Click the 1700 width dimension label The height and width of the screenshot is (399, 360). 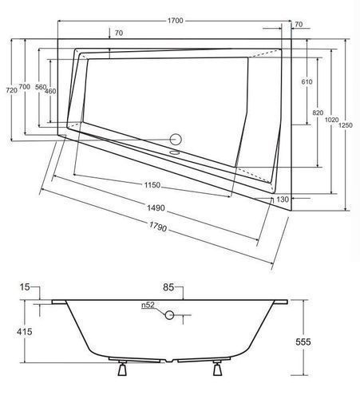tap(176, 21)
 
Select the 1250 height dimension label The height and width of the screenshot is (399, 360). tap(346, 125)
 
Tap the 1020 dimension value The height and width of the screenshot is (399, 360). tap(331, 120)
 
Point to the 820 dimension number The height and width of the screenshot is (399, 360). tap(318, 113)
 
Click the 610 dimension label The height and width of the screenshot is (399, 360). tap(307, 82)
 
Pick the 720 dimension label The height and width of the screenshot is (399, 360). tap(11, 90)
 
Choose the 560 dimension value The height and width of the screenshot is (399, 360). tap(41, 87)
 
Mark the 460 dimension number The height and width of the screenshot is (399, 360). tap(50, 91)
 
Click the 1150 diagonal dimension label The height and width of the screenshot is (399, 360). tap(152, 185)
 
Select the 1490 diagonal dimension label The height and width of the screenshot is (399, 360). tap(156, 208)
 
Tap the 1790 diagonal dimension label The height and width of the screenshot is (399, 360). tap(158, 227)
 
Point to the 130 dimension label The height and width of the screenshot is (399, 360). tap(283, 199)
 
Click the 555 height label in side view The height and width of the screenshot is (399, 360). tap(303, 342)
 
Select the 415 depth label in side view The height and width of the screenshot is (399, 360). tap(24, 332)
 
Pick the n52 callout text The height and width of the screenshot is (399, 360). tap(148, 305)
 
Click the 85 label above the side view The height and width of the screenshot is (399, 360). tap(168, 287)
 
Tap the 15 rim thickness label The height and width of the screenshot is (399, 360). tap(25, 287)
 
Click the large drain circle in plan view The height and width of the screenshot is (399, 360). tap(176, 140)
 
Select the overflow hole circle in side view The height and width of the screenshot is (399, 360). tap(169, 315)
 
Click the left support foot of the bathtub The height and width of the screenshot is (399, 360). tap(122, 368)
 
